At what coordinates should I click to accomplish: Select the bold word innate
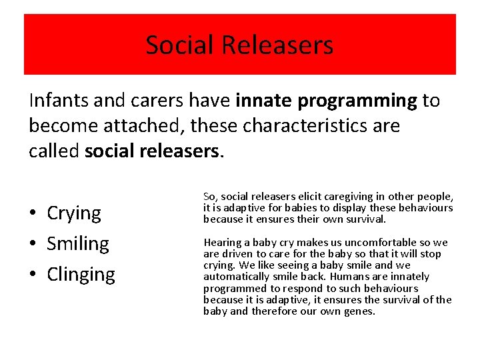[x=264, y=101]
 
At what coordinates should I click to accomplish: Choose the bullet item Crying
[x=74, y=214]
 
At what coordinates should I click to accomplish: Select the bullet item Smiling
[x=77, y=244]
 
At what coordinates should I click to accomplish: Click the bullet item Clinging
[x=81, y=275]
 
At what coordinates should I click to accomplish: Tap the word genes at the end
[x=362, y=311]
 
